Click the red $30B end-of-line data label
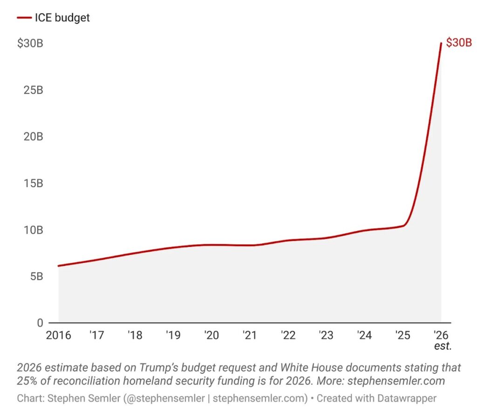[459, 43]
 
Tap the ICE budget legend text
[62, 18]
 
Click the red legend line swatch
[24, 18]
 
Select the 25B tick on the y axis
[33, 90]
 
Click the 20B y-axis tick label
[33, 136]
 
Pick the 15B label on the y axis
[33, 183]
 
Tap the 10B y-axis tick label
[33, 230]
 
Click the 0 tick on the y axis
[40, 323]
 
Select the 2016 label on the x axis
[58, 335]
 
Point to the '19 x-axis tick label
[173, 335]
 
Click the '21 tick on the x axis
[250, 335]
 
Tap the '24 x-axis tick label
[364, 335]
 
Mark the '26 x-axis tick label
[441, 335]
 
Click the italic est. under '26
[443, 346]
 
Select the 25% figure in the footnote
[29, 381]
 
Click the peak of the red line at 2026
[441, 43]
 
